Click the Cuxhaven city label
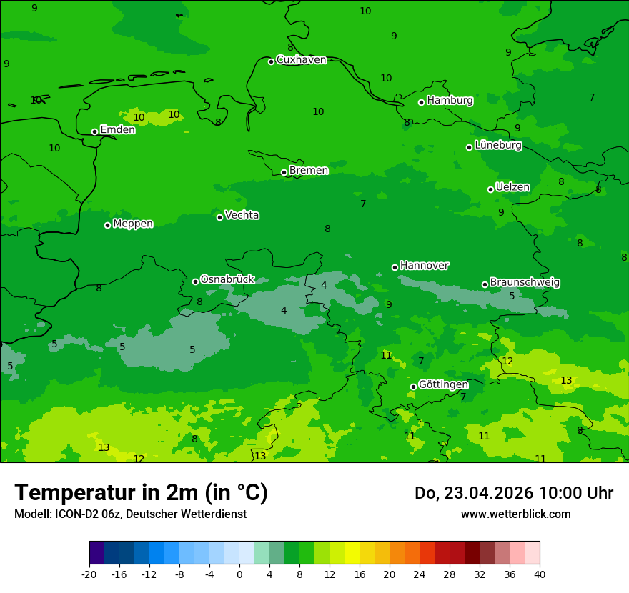tap(301, 60)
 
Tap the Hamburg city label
tap(450, 101)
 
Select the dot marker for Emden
tap(94, 131)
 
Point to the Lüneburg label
tap(497, 145)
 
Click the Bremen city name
tap(308, 171)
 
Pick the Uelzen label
tap(512, 188)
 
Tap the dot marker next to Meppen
tap(107, 225)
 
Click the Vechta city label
tap(242, 215)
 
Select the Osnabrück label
tap(227, 279)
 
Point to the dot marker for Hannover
tap(395, 267)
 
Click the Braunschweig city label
tap(525, 283)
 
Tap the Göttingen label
tap(443, 385)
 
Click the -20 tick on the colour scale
tap(89, 574)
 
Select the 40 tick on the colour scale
tap(539, 574)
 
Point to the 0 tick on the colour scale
tap(239, 574)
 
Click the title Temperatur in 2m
tap(141, 492)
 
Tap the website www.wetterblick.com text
tap(515, 514)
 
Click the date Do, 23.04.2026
tap(473, 493)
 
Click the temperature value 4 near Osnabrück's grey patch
tap(284, 311)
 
